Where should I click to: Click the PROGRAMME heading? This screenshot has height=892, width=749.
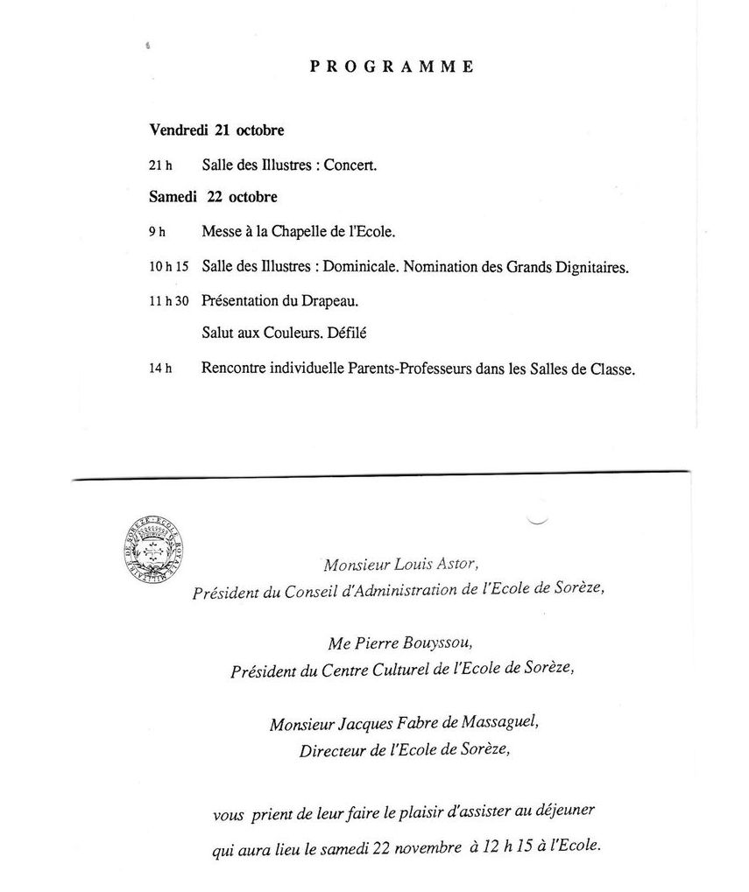[x=392, y=67]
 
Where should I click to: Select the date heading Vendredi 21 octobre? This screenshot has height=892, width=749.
[x=216, y=130]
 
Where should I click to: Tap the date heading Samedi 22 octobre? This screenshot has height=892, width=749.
[x=213, y=197]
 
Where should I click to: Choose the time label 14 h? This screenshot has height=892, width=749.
[x=160, y=369]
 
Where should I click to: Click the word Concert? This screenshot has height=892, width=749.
[x=350, y=165]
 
